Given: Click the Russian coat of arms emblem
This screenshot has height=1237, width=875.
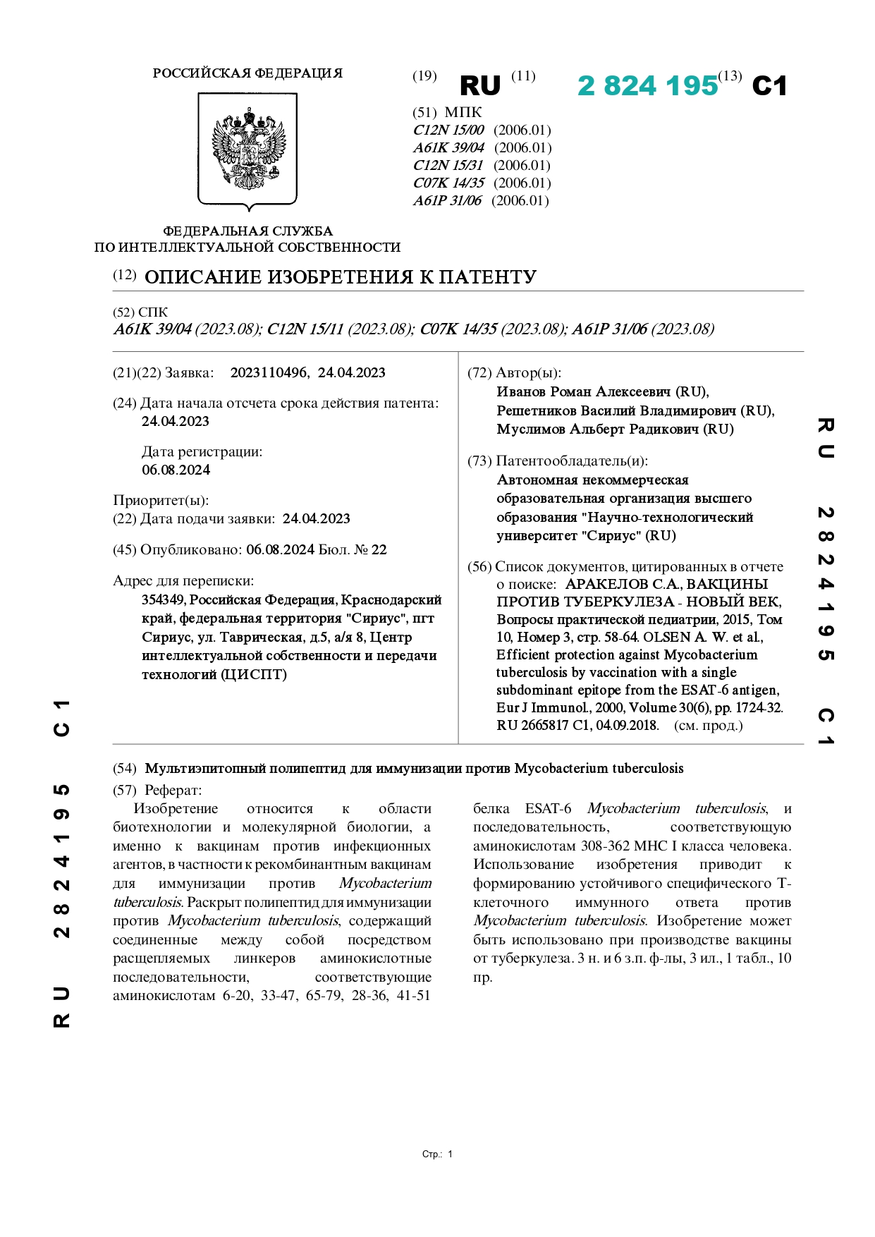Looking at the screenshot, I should point(247,150).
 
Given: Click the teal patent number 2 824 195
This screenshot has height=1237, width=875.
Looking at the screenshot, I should point(647,86).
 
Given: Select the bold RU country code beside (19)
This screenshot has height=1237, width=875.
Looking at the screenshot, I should point(479,86).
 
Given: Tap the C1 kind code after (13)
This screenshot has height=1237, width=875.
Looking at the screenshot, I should point(769,86).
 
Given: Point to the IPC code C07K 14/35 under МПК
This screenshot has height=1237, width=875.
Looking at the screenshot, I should point(448,183).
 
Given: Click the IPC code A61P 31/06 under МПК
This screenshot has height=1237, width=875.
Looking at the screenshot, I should point(447,200).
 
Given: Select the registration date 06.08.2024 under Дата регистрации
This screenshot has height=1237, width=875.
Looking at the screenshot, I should point(176,470).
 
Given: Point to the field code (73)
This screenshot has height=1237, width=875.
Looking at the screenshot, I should point(479,461).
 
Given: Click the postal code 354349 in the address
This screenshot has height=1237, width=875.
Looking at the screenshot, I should point(163,599).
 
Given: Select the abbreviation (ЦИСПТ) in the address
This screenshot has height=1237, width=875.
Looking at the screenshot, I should point(254,674).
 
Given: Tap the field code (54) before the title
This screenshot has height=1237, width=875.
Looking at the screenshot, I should point(125,768).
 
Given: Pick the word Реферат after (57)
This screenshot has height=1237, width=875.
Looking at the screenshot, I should point(173,790).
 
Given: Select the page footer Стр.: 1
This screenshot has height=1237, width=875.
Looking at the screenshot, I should point(437,1154).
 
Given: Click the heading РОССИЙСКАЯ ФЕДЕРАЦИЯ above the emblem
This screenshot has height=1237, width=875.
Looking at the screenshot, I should point(247,73).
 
